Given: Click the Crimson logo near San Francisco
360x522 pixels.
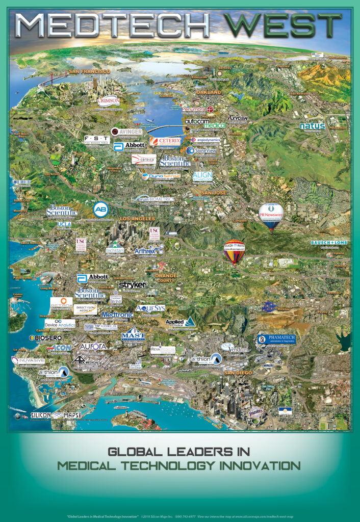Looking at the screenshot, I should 109,101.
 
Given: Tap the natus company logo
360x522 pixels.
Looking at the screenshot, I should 312,126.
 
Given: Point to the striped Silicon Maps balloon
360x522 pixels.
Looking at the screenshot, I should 234,250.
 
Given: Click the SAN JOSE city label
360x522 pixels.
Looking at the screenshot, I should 213,193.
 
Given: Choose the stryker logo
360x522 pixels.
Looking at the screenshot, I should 132,284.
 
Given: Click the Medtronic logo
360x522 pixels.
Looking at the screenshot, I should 118,315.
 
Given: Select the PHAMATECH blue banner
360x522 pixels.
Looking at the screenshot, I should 276,338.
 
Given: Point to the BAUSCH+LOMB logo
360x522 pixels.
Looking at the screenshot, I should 329,242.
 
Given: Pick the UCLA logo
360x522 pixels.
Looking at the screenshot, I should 64,224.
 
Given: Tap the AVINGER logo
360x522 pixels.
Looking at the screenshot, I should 126,132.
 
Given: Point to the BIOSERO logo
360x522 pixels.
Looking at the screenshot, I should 45,338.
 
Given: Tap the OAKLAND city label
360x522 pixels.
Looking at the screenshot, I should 209,92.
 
